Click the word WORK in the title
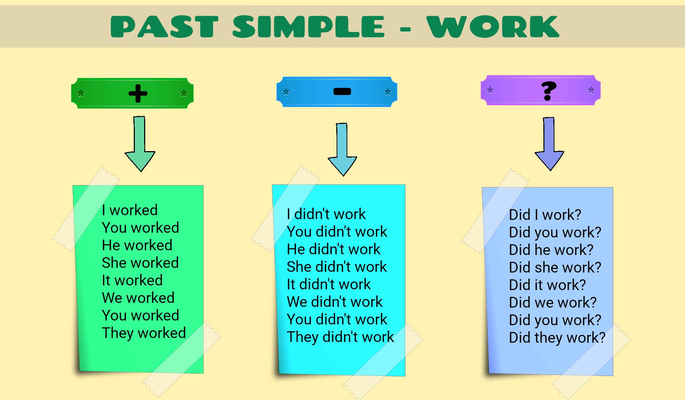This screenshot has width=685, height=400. click(x=493, y=27)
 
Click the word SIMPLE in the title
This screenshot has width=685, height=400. click(x=308, y=27)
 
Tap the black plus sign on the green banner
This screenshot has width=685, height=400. click(x=138, y=93)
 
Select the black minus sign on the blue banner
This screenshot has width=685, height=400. click(x=342, y=92)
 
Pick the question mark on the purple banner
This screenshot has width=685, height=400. click(x=548, y=91)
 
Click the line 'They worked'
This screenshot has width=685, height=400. click(x=144, y=333)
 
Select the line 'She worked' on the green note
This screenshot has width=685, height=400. click(x=140, y=263)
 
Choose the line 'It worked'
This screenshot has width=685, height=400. click(x=132, y=280)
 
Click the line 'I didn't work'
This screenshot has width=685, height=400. click(x=326, y=214)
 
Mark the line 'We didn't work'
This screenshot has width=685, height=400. click(x=335, y=302)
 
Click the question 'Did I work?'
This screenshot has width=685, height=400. click(x=545, y=215)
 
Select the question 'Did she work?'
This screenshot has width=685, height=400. click(x=555, y=268)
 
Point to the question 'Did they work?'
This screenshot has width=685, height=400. click(x=557, y=338)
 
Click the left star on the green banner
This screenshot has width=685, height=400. click(x=81, y=93)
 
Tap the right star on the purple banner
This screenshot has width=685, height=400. click(x=591, y=90)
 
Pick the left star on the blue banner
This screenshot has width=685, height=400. click(x=286, y=92)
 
